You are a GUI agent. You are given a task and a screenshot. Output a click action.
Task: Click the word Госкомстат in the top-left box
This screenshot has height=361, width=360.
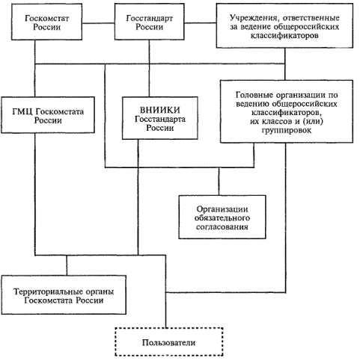(x=46, y=18)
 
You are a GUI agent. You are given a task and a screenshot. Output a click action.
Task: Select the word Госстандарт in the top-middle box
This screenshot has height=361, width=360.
(x=150, y=19)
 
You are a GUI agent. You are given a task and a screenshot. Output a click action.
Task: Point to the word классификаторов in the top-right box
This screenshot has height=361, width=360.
(x=284, y=35)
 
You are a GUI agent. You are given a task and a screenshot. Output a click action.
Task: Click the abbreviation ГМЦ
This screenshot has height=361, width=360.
(x=22, y=111)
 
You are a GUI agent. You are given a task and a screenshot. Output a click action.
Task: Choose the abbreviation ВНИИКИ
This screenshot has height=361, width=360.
(x=160, y=110)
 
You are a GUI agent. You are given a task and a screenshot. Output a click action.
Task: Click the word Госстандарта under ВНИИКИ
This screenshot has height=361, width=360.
(x=160, y=119)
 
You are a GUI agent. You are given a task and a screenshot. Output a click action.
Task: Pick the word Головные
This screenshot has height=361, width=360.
(x=252, y=95)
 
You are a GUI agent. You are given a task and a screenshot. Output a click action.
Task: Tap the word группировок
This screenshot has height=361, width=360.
(x=287, y=130)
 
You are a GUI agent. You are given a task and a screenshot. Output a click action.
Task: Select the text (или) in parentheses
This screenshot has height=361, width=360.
(x=312, y=122)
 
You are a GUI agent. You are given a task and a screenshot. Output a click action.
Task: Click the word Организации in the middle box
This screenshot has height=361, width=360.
(x=222, y=209)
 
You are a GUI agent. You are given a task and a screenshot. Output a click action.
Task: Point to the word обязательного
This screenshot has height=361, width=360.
(x=222, y=218)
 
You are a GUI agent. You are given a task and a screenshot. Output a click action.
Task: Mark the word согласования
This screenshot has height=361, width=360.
(x=222, y=227)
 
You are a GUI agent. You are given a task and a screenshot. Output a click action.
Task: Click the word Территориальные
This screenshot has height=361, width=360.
(x=49, y=291)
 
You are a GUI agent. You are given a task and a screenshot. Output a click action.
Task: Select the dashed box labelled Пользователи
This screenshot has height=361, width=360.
(x=169, y=342)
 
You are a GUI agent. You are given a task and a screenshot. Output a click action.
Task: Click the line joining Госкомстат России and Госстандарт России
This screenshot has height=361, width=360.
(x=98, y=23)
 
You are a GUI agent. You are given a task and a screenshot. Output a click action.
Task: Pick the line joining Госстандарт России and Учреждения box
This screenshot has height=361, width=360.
(x=201, y=23)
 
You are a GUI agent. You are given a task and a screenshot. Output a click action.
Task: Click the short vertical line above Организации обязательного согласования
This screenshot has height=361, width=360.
(x=219, y=182)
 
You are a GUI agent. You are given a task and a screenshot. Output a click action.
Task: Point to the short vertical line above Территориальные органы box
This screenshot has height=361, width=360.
(x=67, y=265)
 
